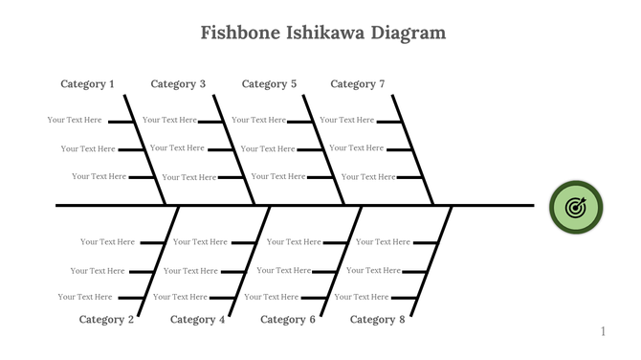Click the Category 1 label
click(87, 84)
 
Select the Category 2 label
click(106, 320)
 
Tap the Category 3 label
click(178, 84)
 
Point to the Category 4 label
click(198, 320)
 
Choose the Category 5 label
click(269, 84)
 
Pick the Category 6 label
click(287, 320)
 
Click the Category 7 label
click(358, 84)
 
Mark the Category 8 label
click(377, 320)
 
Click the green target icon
click(576, 207)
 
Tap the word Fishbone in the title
click(239, 34)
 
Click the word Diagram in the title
click(409, 34)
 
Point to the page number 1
click(603, 331)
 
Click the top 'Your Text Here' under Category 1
click(75, 120)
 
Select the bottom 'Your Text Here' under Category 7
click(368, 177)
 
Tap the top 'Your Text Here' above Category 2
click(107, 242)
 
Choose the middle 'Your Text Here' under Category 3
click(177, 148)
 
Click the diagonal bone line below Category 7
click(412, 149)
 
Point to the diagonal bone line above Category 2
click(159, 260)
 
